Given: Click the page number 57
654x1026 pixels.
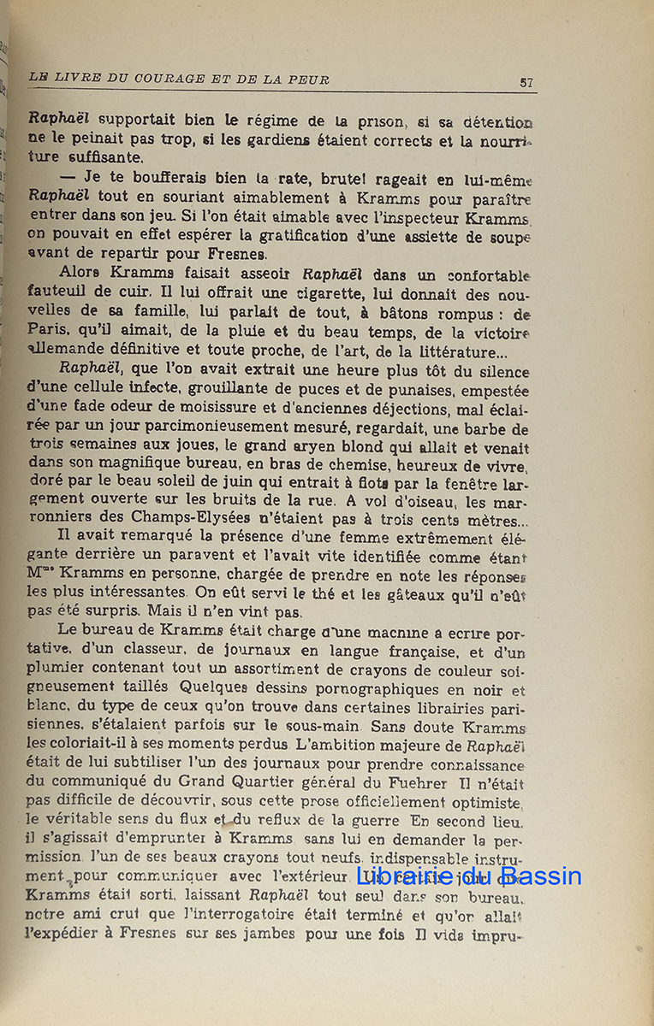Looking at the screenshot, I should pyautogui.click(x=526, y=82).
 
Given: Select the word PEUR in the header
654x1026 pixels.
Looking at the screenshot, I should pyautogui.click(x=310, y=80).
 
